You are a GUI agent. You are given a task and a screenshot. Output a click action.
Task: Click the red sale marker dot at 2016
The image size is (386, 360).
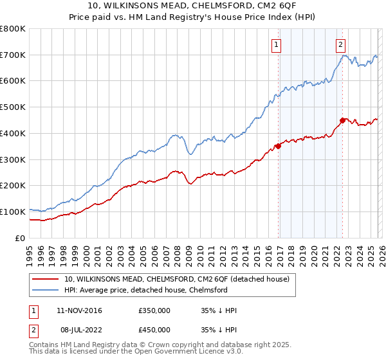click(x=279, y=146)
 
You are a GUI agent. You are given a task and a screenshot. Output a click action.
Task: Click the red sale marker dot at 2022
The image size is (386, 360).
click(x=343, y=120)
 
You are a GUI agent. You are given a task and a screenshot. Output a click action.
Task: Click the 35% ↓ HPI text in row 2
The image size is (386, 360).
click(x=219, y=329)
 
